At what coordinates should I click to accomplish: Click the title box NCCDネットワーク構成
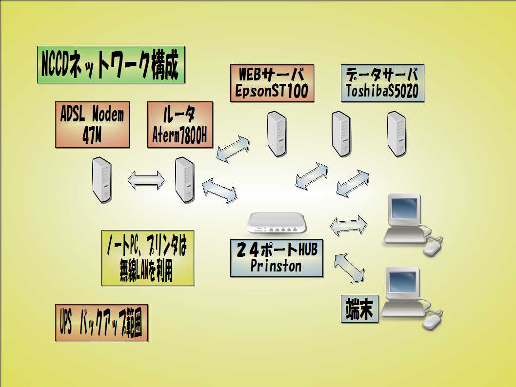[111, 64]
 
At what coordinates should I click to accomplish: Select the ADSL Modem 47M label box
[92, 124]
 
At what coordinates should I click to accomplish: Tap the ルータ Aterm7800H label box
[180, 124]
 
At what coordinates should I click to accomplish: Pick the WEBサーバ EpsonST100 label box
[272, 83]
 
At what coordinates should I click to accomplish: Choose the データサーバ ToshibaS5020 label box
[382, 83]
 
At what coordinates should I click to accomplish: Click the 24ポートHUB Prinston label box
[276, 258]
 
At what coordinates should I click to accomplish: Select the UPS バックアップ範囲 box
[101, 323]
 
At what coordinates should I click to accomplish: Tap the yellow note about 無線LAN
[147, 258]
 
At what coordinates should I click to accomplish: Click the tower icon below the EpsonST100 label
[277, 134]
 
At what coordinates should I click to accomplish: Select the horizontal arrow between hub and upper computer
[348, 226]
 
